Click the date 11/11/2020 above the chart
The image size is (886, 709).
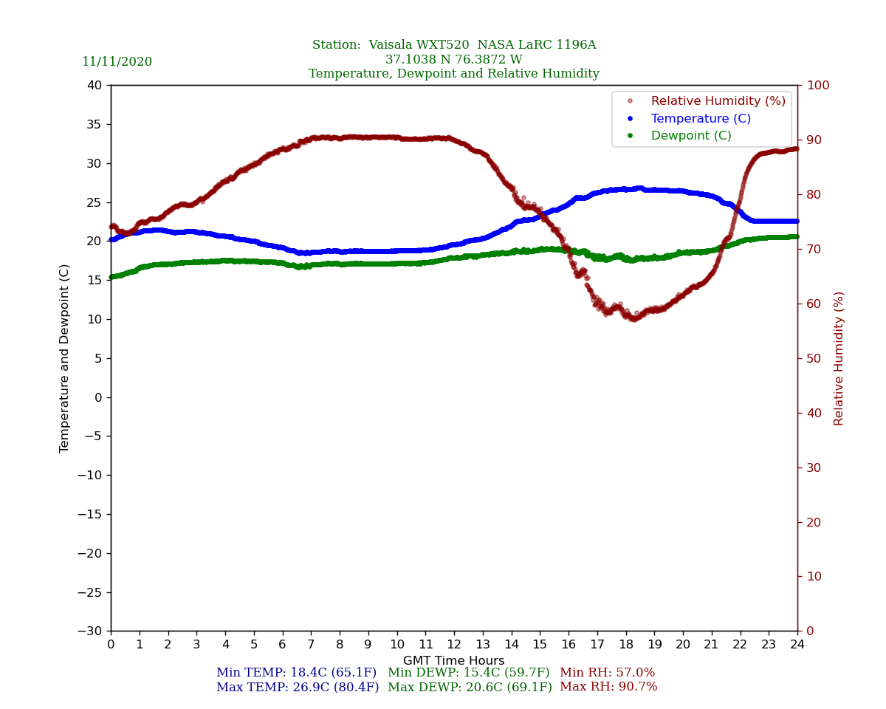pyautogui.click(x=117, y=62)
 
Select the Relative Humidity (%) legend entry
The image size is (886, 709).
pyautogui.click(x=718, y=101)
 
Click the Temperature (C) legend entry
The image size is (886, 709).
pyautogui.click(x=700, y=119)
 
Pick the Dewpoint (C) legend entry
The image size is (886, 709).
pyautogui.click(x=690, y=136)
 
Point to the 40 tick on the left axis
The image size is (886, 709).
pyautogui.click(x=95, y=85)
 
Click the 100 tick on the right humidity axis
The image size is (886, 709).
pyautogui.click(x=817, y=85)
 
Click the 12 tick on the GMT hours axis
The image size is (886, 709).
pyautogui.click(x=454, y=645)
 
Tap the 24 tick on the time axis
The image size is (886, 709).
pyautogui.click(x=797, y=645)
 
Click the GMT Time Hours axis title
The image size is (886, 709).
pyautogui.click(x=454, y=661)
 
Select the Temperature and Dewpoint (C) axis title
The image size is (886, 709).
pyautogui.click(x=65, y=358)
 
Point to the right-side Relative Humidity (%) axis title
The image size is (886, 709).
pyautogui.click(x=839, y=358)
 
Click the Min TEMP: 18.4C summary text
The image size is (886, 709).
pyautogui.click(x=296, y=673)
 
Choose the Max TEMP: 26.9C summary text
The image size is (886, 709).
pyautogui.click(x=298, y=688)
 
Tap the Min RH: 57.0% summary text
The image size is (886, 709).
pyautogui.click(x=607, y=673)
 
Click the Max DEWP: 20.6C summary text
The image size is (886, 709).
pyautogui.click(x=470, y=688)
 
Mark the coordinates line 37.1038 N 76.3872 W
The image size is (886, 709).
pyautogui.click(x=454, y=60)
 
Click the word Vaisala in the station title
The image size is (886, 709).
pyautogui.click(x=396, y=45)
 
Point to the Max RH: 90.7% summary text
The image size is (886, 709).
pyautogui.click(x=608, y=688)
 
